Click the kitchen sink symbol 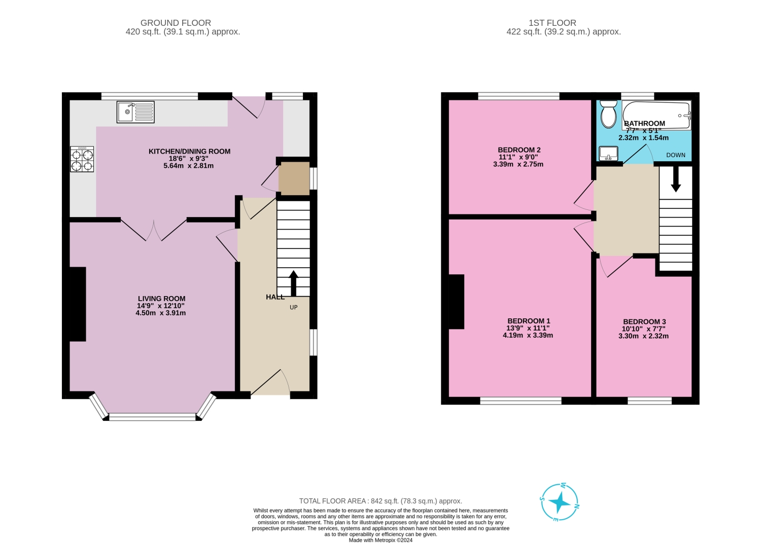click(135, 112)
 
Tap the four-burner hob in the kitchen click(82, 159)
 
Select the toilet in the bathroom click(608, 115)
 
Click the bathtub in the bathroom click(656, 115)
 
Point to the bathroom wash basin click(608, 153)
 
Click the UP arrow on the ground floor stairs click(293, 283)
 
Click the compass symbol click(560, 502)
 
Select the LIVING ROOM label click(161, 299)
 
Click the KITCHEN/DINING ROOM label click(189, 151)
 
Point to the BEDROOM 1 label click(529, 321)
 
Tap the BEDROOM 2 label click(519, 150)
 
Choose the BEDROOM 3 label click(644, 321)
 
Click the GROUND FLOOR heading click(176, 23)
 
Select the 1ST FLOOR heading click(552, 23)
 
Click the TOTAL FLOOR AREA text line click(380, 501)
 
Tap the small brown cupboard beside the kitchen click(294, 178)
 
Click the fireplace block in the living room click(78, 304)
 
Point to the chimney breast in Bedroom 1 click(456, 302)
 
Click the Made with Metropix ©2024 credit click(380, 540)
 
